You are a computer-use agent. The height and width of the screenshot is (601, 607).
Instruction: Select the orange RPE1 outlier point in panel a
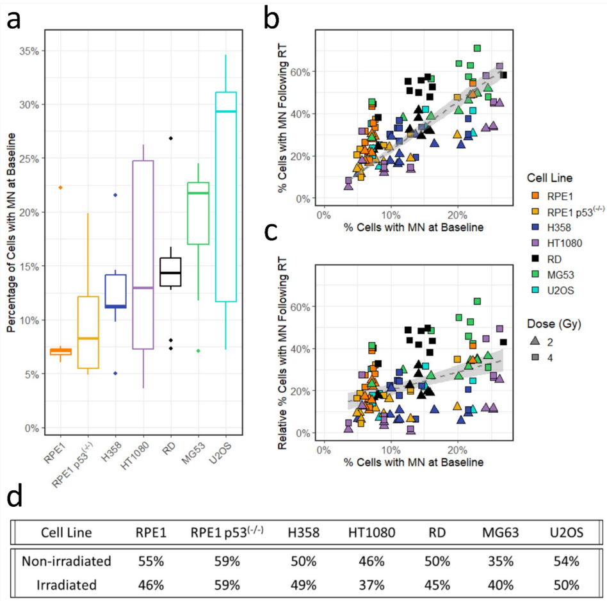(x=61, y=187)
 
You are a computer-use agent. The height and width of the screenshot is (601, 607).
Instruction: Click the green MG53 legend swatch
(x=531, y=261)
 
